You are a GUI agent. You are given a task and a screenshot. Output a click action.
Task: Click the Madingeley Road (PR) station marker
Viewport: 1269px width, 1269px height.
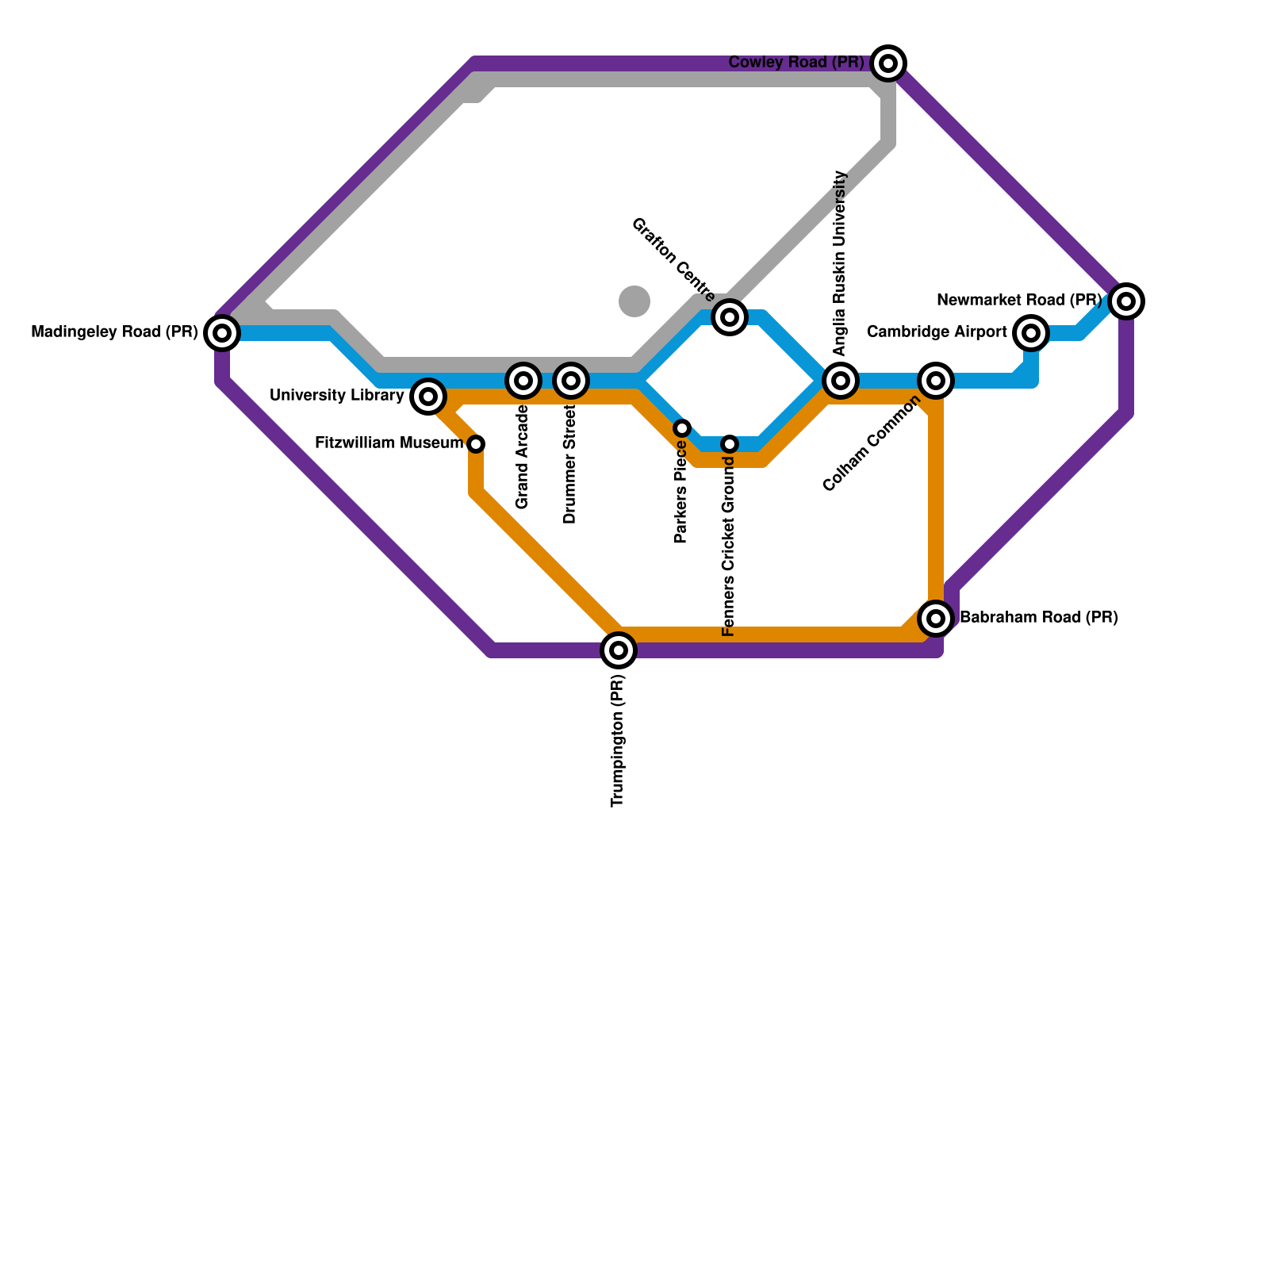click(222, 333)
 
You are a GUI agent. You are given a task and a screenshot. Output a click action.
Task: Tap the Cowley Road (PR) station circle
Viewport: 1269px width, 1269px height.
click(888, 63)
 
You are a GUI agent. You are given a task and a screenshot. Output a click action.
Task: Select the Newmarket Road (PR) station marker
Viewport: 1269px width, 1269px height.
click(1126, 301)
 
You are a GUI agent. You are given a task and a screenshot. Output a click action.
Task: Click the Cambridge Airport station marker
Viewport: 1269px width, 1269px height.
click(1031, 333)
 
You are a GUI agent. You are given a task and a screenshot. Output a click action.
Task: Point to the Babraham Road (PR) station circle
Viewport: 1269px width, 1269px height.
click(936, 619)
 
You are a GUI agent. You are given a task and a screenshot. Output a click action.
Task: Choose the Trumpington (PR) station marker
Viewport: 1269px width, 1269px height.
click(619, 650)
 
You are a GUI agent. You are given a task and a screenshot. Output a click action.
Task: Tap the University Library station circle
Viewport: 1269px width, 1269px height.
click(428, 396)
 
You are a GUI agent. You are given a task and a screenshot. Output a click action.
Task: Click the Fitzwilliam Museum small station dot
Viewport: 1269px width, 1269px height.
click(476, 444)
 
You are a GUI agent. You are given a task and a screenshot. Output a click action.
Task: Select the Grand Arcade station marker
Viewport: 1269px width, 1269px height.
click(523, 381)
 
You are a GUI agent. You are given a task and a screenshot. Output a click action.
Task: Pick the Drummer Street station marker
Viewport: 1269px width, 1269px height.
click(571, 381)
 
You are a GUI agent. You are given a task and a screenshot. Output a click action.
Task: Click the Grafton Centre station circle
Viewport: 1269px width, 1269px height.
click(730, 317)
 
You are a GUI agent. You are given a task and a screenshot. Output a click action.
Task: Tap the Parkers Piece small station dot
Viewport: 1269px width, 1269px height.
click(682, 428)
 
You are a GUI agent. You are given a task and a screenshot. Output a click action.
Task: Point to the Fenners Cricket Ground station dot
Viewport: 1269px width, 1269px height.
click(730, 444)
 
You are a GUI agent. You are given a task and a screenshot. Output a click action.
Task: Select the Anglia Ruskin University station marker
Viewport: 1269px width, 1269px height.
click(841, 381)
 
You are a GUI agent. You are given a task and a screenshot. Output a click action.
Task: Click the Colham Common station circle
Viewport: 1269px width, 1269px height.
click(936, 381)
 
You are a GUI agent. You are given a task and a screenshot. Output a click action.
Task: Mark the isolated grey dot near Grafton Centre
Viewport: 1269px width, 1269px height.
click(634, 301)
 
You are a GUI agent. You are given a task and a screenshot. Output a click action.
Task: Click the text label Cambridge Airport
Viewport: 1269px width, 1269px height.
click(937, 332)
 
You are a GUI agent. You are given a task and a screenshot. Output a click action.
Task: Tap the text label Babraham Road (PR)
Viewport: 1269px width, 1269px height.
click(1039, 618)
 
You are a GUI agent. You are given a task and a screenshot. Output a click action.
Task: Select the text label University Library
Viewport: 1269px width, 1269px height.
click(337, 396)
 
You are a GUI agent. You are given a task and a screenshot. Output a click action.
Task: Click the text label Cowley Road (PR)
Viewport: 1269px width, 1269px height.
click(796, 63)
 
